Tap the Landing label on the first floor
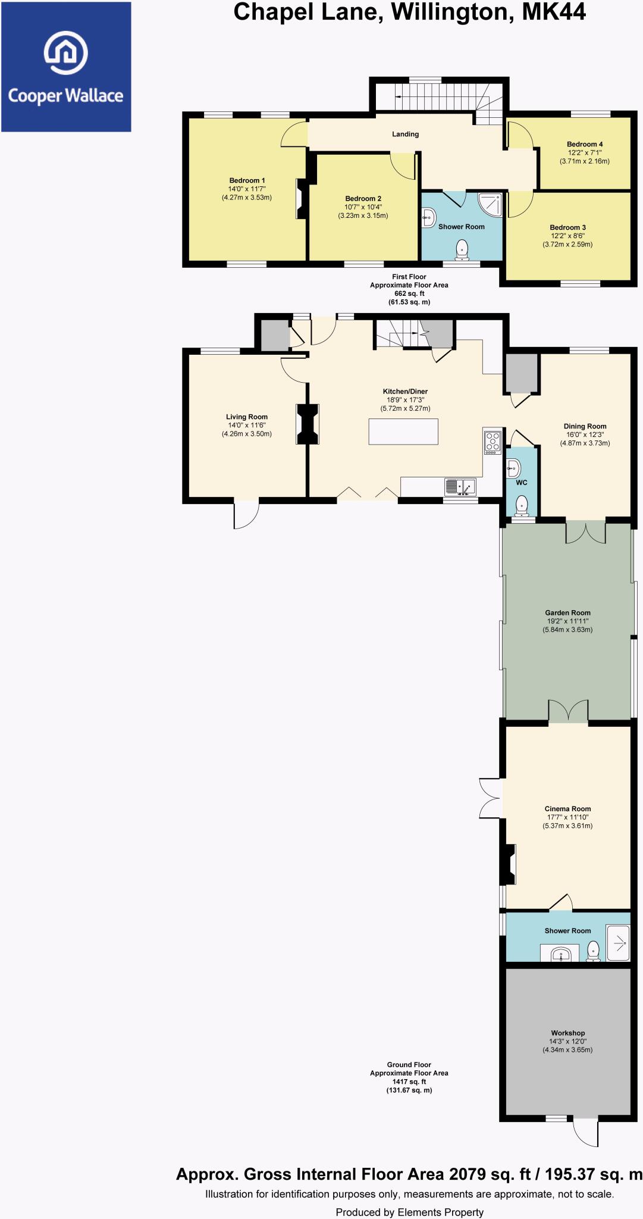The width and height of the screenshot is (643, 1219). tap(405, 134)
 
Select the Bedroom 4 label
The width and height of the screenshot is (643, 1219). tap(585, 144)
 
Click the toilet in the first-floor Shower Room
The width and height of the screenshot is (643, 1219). tap(462, 250)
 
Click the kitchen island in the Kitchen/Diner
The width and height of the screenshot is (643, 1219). tap(404, 432)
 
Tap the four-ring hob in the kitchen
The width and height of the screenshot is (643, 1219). tap(493, 442)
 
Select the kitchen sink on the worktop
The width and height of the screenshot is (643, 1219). tap(460, 487)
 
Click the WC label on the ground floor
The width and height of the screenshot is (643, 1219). tap(522, 482)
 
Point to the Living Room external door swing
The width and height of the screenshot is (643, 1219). tap(245, 515)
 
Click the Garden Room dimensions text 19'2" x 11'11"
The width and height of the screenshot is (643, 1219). tap(567, 621)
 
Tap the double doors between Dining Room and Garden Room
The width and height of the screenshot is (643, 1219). tap(585, 532)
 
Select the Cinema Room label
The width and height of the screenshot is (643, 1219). tap(567, 809)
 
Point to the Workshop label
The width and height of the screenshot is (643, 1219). tap(567, 1033)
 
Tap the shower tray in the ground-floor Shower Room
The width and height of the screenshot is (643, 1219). tap(617, 942)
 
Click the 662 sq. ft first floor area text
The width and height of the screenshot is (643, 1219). tap(409, 293)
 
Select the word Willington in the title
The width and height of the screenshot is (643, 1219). tap(453, 12)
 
